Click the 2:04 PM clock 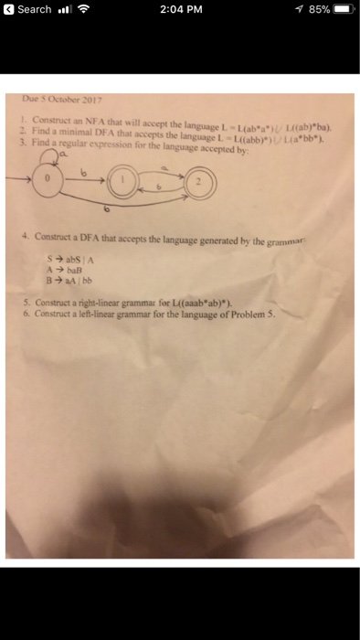point(179,9)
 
